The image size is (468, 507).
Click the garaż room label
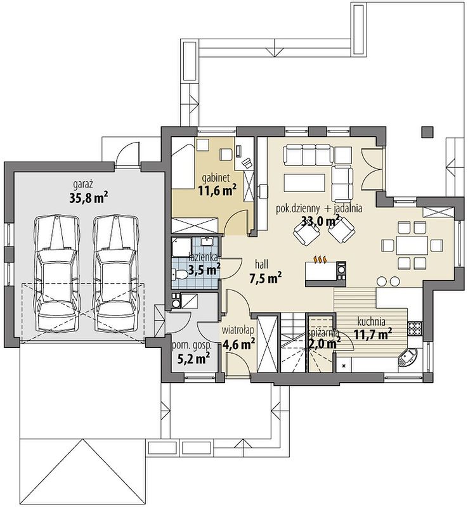point(83,185)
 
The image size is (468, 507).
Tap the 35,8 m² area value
point(89,198)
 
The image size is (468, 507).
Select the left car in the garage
point(57,273)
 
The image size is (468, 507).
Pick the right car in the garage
point(115,273)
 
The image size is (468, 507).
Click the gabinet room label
point(216,177)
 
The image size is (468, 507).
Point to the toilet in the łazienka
point(179,275)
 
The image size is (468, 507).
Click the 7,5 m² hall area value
point(265,278)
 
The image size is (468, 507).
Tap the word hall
point(261,264)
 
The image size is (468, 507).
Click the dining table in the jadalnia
point(412,245)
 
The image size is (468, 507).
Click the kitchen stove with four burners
point(415,328)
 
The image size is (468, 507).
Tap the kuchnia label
point(371,322)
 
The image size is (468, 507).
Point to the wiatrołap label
point(238,330)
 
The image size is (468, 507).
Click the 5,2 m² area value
point(193,358)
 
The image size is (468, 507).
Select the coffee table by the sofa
point(304,183)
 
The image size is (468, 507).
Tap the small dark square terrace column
point(427,132)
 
